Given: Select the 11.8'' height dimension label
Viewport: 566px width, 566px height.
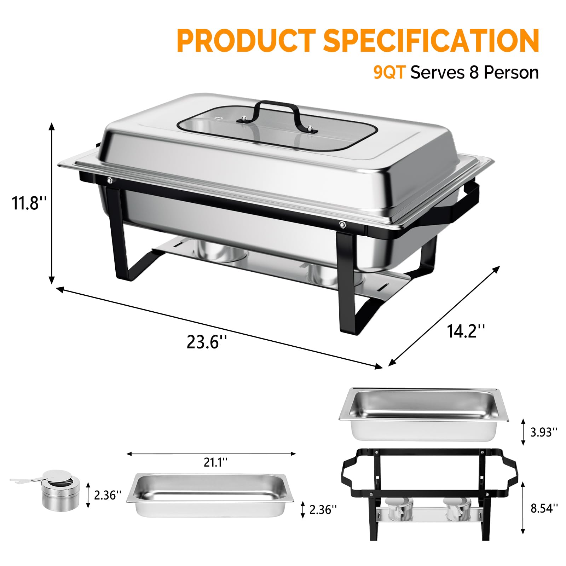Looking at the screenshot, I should coord(29,203).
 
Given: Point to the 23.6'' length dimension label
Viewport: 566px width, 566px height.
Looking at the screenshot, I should coord(206,342).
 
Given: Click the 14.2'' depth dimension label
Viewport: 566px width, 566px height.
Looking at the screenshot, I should coord(465,331).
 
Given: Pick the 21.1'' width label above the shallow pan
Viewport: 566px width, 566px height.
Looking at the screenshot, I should coord(215,462).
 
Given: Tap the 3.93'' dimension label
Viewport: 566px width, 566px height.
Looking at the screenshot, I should coord(544,432).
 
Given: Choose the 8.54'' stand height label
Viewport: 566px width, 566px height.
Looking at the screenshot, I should coord(544,508).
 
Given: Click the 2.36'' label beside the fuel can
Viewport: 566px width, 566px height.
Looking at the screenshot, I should coord(108,495).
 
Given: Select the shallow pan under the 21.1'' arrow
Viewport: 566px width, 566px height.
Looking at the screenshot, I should coord(210,495).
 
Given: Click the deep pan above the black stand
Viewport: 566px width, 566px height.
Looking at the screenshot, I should coord(423,414).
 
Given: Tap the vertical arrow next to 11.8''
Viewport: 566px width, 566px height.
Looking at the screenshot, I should coord(52,203).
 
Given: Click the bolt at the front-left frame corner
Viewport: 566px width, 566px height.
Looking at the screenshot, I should coord(109,180).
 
